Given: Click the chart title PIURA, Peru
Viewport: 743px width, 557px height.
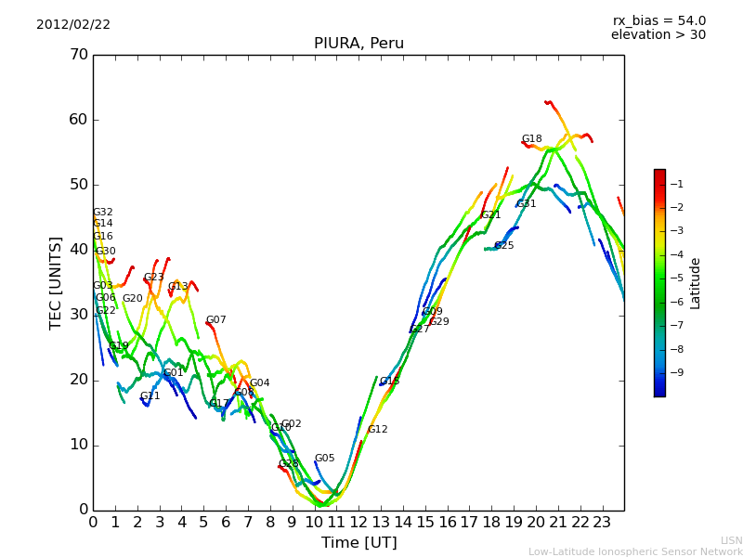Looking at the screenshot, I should (x=358, y=44).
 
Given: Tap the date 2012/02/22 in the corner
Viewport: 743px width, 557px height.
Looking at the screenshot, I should (x=73, y=25).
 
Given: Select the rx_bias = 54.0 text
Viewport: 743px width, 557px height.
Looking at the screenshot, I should (x=658, y=21).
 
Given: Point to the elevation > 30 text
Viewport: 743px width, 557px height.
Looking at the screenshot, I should (x=658, y=35).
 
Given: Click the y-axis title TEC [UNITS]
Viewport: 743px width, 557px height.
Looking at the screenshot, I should (x=56, y=282).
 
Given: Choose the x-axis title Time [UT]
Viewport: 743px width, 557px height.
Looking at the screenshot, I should (x=358, y=543).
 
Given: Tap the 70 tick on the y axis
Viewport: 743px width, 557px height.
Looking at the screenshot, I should (x=78, y=55).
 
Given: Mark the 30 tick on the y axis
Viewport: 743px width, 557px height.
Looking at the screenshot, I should (x=78, y=315).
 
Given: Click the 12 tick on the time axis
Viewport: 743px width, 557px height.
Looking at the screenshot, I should (x=358, y=522).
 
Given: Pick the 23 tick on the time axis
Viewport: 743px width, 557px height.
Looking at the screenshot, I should (x=602, y=522).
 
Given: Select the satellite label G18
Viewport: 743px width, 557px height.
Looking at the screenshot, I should (x=531, y=139).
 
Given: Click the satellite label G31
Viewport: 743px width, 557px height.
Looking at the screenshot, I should (x=527, y=204).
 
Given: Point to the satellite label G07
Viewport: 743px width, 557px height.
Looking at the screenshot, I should (x=215, y=320).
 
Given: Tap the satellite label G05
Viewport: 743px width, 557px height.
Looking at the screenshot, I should (x=324, y=459).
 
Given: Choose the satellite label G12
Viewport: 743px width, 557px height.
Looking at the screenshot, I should (x=377, y=430).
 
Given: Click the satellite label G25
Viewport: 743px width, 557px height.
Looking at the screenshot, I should (x=504, y=246).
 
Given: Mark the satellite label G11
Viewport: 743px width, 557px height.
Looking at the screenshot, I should (x=150, y=396).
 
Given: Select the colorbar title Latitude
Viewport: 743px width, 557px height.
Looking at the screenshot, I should (x=696, y=283).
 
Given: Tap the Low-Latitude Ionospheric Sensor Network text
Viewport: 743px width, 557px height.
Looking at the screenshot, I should (x=635, y=552).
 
